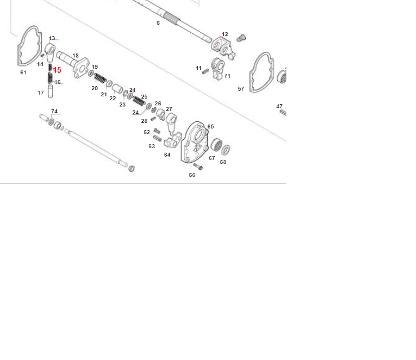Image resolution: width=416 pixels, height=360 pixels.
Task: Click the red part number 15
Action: click(57, 70)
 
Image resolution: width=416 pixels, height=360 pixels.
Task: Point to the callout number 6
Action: click(158, 23)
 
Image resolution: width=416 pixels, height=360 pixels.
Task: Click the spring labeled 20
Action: click(100, 78)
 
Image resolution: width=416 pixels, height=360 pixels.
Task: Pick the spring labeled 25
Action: click(139, 101)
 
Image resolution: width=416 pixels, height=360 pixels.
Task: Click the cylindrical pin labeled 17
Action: click(50, 91)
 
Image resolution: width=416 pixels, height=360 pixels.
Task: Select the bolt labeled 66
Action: click(198, 167)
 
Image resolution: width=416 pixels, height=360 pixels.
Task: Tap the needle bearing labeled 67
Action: click(216, 145)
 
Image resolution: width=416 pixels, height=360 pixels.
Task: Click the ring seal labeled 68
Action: click(225, 150)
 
